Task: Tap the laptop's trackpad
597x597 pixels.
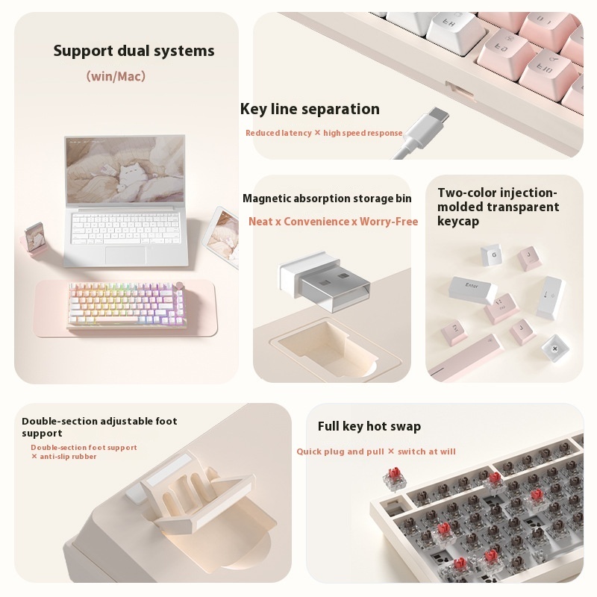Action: pos(126,254)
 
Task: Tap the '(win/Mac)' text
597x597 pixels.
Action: pos(116,76)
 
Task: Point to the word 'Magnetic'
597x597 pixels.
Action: pos(268,199)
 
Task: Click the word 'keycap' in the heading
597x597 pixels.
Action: pos(458,222)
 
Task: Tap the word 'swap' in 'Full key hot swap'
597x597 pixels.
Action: pos(404,426)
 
